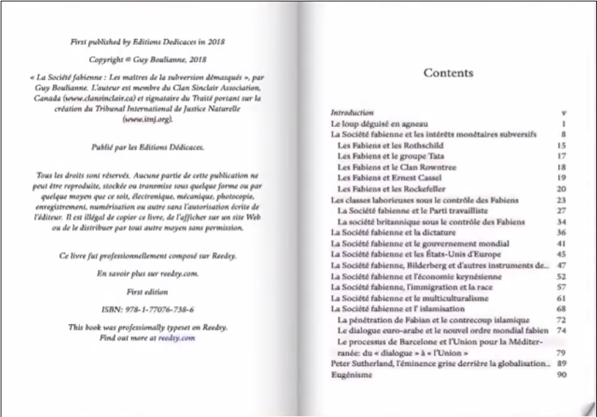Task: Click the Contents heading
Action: (448, 73)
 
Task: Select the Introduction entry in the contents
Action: (352, 112)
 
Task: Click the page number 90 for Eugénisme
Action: (561, 374)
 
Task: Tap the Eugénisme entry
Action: (351, 374)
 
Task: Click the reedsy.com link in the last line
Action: (176, 338)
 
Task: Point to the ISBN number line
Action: (147, 308)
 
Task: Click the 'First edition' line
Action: (147, 291)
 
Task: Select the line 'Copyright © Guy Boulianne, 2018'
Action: (147, 59)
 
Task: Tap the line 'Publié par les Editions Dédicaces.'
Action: (147, 148)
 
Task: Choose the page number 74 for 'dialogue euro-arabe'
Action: (561, 331)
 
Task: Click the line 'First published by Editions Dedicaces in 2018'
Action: (147, 42)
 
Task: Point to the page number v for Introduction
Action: (562, 112)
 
